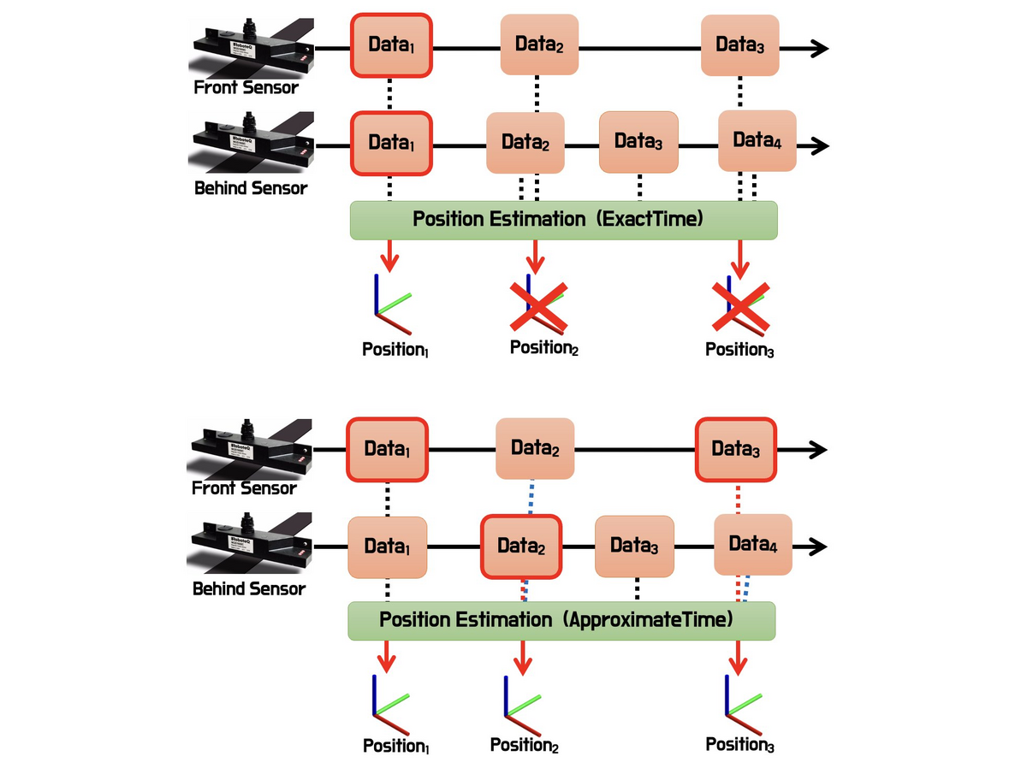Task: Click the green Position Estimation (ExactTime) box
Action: click(563, 220)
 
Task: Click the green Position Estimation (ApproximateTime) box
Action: click(561, 620)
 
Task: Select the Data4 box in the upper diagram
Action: click(757, 141)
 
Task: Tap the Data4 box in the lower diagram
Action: click(753, 545)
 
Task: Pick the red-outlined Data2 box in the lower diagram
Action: click(520, 546)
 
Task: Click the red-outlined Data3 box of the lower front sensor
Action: click(735, 449)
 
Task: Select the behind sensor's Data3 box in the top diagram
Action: click(638, 143)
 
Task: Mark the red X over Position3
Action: click(740, 307)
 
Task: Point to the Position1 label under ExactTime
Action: click(395, 350)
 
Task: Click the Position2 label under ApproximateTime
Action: click(524, 746)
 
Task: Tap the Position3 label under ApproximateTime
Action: click(739, 745)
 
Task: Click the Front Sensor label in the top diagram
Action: click(246, 87)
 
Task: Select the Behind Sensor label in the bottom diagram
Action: click(249, 589)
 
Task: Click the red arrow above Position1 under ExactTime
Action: click(390, 256)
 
